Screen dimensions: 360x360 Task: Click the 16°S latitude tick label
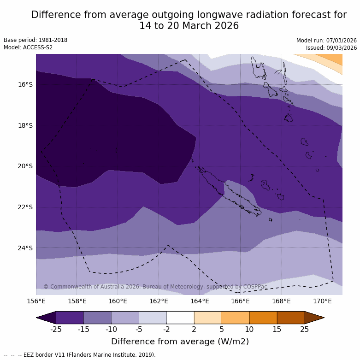[25, 84]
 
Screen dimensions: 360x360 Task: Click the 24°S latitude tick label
[25, 248]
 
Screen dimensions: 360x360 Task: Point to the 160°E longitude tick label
[118, 301]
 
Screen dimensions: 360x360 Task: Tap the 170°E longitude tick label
[322, 301]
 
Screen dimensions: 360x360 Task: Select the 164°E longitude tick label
[200, 301]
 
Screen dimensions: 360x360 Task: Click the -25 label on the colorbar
[56, 329]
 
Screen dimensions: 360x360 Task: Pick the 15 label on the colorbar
[277, 329]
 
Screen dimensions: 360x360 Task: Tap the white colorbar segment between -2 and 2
[180, 318]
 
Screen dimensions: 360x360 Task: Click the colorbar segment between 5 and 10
[236, 318]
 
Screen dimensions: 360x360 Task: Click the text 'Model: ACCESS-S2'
[28, 47]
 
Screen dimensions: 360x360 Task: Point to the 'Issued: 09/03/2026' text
[331, 48]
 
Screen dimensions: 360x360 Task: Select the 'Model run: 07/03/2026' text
[326, 41]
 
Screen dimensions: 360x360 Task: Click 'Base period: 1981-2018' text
[35, 40]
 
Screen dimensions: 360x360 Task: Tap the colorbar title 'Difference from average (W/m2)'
[180, 342]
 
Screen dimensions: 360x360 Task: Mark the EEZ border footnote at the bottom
[80, 355]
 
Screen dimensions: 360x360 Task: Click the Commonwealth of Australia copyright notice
[155, 287]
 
